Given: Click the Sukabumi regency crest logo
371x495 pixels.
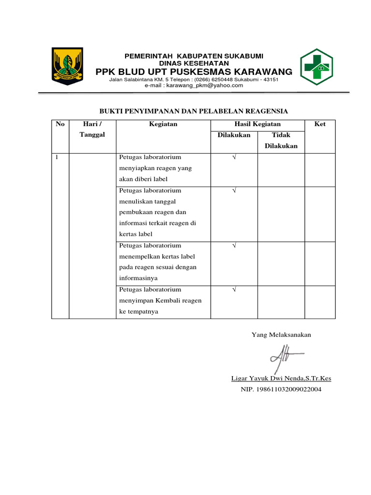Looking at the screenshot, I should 67,66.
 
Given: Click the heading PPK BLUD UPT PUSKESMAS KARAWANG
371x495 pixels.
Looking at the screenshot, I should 194,72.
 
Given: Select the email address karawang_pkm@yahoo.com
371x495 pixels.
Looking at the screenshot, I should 194,85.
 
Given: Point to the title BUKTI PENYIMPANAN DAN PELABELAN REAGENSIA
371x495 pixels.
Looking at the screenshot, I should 193,111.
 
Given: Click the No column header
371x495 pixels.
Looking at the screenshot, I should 60,124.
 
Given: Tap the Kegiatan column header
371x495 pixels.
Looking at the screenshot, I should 163,124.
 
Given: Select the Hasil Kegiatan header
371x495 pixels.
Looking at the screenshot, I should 257,124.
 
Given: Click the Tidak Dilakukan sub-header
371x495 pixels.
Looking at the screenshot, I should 281,141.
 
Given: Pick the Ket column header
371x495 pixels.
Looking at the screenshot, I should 320,124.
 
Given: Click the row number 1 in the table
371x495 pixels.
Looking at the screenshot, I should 57,157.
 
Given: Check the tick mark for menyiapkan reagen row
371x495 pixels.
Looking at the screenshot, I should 234,157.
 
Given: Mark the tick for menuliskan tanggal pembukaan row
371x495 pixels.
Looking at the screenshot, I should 234,190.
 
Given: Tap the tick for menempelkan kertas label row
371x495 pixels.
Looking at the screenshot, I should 234,246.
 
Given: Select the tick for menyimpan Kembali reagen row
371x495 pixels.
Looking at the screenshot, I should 234,290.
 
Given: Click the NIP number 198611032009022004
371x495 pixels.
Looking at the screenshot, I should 281,389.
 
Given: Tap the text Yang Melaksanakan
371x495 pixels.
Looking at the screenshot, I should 281,335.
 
